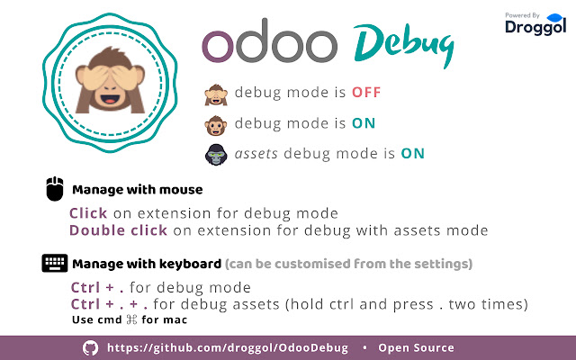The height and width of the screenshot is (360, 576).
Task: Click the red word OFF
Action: tap(366, 92)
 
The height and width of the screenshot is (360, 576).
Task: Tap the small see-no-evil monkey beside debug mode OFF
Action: tap(216, 94)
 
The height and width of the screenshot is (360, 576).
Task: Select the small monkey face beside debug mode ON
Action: tap(216, 126)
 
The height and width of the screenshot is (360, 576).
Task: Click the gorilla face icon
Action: tap(216, 155)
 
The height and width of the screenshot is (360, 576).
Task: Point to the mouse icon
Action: tap(55, 189)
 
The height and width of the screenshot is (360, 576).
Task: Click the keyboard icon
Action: tap(55, 263)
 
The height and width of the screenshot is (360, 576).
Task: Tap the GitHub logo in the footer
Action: tap(90, 347)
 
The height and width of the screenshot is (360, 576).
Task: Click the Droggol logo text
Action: tap(535, 27)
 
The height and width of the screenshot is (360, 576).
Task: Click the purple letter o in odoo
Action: tap(218, 46)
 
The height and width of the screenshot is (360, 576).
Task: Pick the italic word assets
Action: tap(256, 154)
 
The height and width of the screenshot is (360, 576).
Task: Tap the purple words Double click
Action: tap(118, 230)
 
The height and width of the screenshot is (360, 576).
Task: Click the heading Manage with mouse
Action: tap(138, 190)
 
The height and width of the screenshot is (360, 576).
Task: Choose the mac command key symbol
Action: tap(131, 319)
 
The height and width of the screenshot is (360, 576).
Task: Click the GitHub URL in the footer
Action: tap(228, 348)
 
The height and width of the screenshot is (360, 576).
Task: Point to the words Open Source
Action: tap(416, 348)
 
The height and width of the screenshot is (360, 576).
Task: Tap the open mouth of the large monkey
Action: tap(110, 99)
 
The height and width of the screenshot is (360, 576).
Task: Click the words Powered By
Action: tap(522, 15)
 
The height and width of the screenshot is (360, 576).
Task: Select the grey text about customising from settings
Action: tap(348, 264)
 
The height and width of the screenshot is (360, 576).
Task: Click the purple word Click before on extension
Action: tap(88, 213)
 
